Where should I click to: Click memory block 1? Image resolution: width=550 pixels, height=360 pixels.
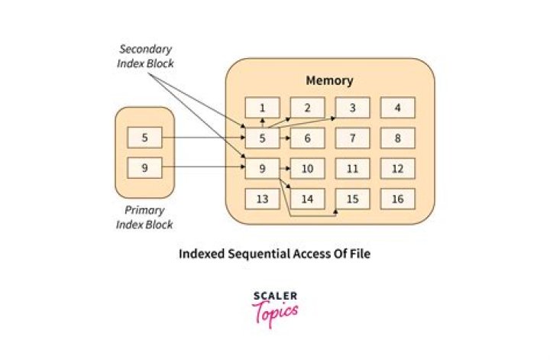pos(262,108)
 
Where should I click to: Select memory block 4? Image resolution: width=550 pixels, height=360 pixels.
pos(398,108)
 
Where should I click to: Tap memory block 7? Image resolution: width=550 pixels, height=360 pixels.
pos(353,138)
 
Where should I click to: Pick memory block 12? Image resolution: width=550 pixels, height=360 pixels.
pos(398,168)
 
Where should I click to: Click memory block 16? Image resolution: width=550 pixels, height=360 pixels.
pos(398,199)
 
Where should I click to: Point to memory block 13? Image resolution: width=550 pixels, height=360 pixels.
pos(262,199)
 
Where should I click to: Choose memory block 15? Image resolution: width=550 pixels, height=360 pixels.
pos(353,199)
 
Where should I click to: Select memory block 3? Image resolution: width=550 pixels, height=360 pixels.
pos(353,108)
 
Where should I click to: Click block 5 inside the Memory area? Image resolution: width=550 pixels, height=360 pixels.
pos(262,138)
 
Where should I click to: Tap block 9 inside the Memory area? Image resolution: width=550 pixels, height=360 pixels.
pos(262,168)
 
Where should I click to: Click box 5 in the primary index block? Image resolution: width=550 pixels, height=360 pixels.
pos(144,138)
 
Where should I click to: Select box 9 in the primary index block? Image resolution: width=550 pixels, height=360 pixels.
pos(144,167)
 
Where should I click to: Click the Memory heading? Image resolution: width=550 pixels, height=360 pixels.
pos(329,80)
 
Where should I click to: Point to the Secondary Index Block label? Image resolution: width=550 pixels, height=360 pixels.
pos(145,56)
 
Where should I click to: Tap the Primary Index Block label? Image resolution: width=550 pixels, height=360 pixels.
pos(144,217)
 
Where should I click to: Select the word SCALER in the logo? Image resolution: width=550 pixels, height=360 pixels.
pos(275,296)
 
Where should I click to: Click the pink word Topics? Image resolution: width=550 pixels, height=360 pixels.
pos(275,311)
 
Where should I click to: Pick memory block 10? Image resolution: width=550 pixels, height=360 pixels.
pos(307,168)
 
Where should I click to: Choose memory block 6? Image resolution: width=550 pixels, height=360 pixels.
pos(307,138)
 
